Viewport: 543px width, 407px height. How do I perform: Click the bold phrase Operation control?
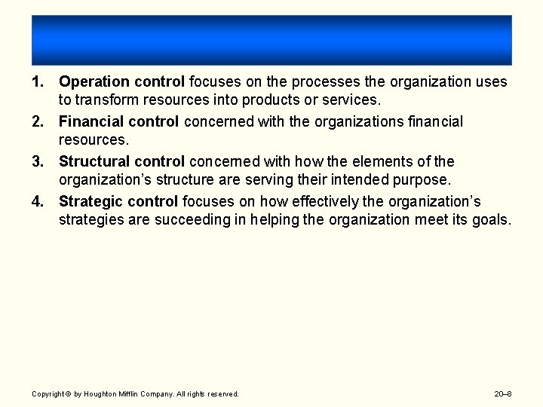121,81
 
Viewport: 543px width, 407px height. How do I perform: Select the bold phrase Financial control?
118,121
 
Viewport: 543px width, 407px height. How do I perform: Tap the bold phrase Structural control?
121,161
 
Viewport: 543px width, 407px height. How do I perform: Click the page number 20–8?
503,393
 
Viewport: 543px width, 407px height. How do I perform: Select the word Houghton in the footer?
100,393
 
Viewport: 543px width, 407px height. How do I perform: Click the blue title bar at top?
271,40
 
